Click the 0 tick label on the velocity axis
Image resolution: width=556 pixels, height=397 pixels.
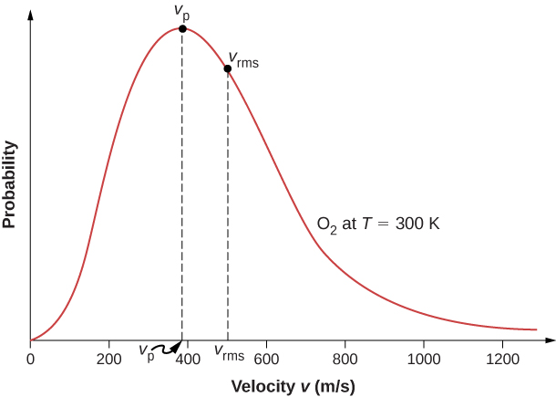click(31, 357)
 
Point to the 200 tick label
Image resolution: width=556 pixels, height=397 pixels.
click(109, 357)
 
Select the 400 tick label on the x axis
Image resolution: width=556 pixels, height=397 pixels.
click(188, 357)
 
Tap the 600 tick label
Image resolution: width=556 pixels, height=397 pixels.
click(266, 357)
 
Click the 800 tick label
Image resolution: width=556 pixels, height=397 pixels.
click(345, 357)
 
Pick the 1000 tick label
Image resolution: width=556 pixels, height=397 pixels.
click(423, 357)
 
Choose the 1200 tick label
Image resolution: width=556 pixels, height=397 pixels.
click(501, 357)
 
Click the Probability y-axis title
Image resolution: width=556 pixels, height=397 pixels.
click(10, 183)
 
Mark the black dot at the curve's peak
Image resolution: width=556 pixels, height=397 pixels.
click(182, 29)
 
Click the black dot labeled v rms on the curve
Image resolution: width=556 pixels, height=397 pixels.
click(228, 68)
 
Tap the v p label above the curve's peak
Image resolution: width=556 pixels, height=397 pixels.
click(181, 11)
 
